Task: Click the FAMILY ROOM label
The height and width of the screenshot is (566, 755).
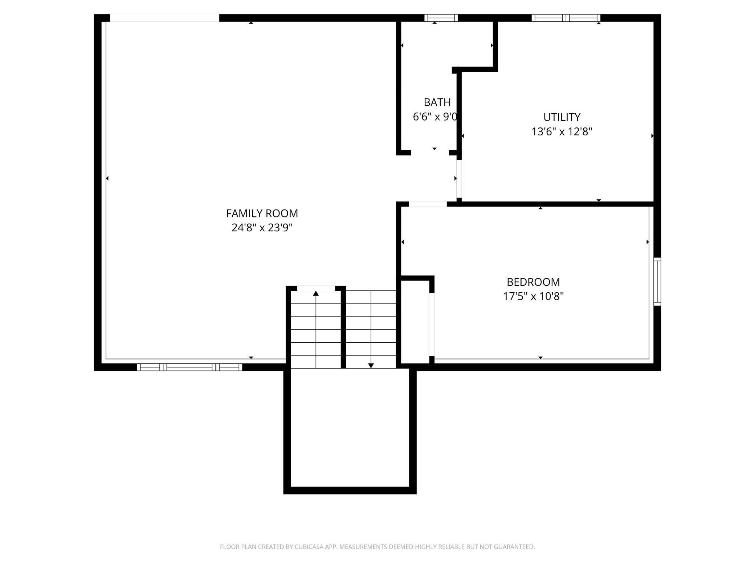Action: tap(262, 213)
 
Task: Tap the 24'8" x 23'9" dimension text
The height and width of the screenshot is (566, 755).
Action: tap(262, 228)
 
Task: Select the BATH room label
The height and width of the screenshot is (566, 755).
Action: tap(437, 102)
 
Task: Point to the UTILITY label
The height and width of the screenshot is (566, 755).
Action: tap(562, 117)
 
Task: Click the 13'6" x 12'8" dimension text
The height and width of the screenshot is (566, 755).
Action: tap(562, 131)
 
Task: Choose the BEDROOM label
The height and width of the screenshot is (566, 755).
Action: tap(533, 282)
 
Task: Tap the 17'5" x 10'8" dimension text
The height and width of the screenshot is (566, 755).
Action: tap(533, 296)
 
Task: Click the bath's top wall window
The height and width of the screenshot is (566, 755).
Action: tap(441, 18)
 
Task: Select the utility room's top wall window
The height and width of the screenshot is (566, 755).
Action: tap(566, 18)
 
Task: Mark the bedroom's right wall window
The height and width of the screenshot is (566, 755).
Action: tap(657, 281)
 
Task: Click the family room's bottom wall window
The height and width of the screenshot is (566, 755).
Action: tap(189, 367)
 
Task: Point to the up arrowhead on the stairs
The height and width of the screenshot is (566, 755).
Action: tap(316, 293)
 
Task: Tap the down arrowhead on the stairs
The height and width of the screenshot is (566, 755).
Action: tap(371, 366)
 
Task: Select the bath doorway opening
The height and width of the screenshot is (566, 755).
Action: tap(430, 153)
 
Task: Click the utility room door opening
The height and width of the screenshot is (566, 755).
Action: tap(459, 179)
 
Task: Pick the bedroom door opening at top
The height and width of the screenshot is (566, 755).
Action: tap(427, 204)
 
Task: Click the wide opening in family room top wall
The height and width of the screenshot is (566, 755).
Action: tap(164, 18)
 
